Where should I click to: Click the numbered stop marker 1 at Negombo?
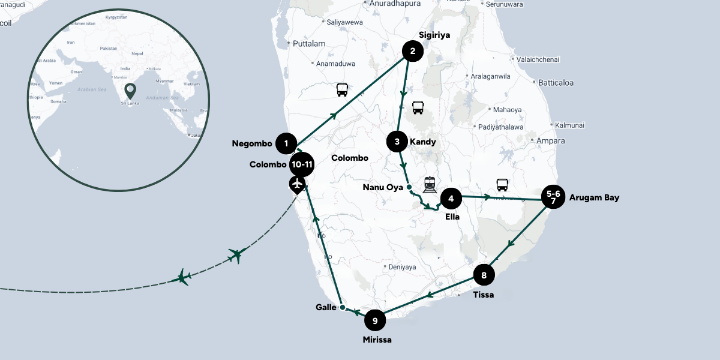click(x=287, y=143)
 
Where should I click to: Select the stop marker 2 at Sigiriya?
click(x=412, y=51)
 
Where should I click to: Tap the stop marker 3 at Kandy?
click(x=397, y=142)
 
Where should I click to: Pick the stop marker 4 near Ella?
click(x=451, y=198)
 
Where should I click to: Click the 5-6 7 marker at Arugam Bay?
click(x=553, y=197)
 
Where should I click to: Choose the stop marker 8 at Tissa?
click(x=484, y=275)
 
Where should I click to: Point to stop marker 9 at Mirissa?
click(x=375, y=321)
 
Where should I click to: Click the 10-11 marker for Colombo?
click(x=301, y=164)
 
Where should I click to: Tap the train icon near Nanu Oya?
click(x=430, y=184)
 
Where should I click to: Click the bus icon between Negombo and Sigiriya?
click(x=342, y=90)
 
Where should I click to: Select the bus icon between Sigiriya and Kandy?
click(x=418, y=108)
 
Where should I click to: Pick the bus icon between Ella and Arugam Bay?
click(x=502, y=185)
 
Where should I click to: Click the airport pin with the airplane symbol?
click(x=297, y=184)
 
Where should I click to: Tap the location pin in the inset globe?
click(x=130, y=91)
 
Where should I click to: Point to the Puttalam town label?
click(x=309, y=44)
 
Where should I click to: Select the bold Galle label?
click(x=325, y=307)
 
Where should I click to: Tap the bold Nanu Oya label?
click(x=383, y=187)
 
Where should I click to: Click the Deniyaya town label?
click(x=402, y=266)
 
